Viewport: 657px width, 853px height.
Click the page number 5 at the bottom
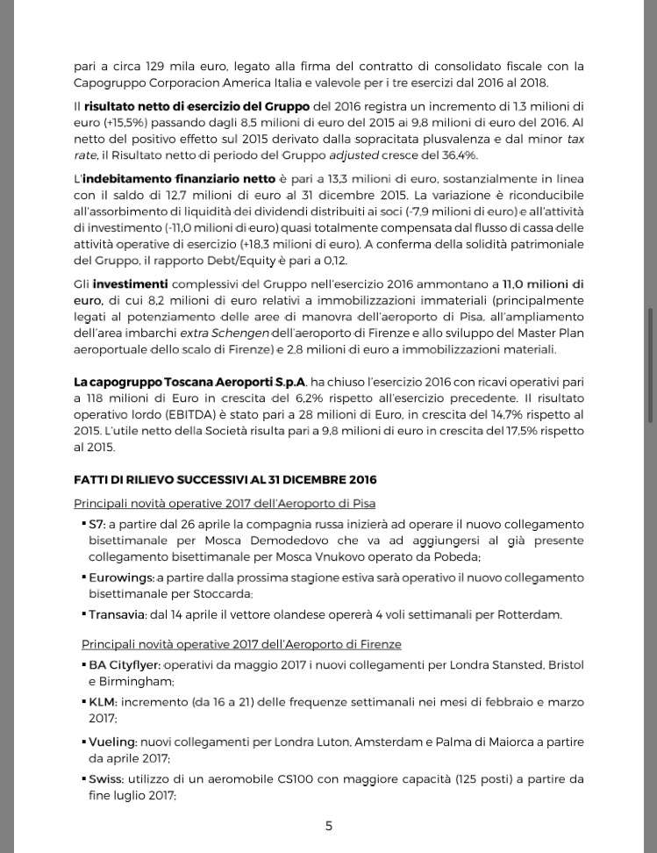(x=329, y=826)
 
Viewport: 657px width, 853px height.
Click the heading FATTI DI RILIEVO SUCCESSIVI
(x=225, y=480)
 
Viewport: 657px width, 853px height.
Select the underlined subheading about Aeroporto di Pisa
(x=225, y=503)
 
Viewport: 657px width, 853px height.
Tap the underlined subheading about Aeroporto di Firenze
(x=241, y=644)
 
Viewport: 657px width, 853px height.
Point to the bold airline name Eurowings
(x=120, y=577)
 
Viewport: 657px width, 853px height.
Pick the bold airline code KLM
(x=102, y=702)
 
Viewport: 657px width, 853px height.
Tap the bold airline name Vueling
(x=111, y=742)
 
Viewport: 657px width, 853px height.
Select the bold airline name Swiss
(x=105, y=778)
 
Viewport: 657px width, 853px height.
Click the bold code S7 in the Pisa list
(x=96, y=523)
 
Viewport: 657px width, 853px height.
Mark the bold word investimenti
(x=131, y=284)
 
